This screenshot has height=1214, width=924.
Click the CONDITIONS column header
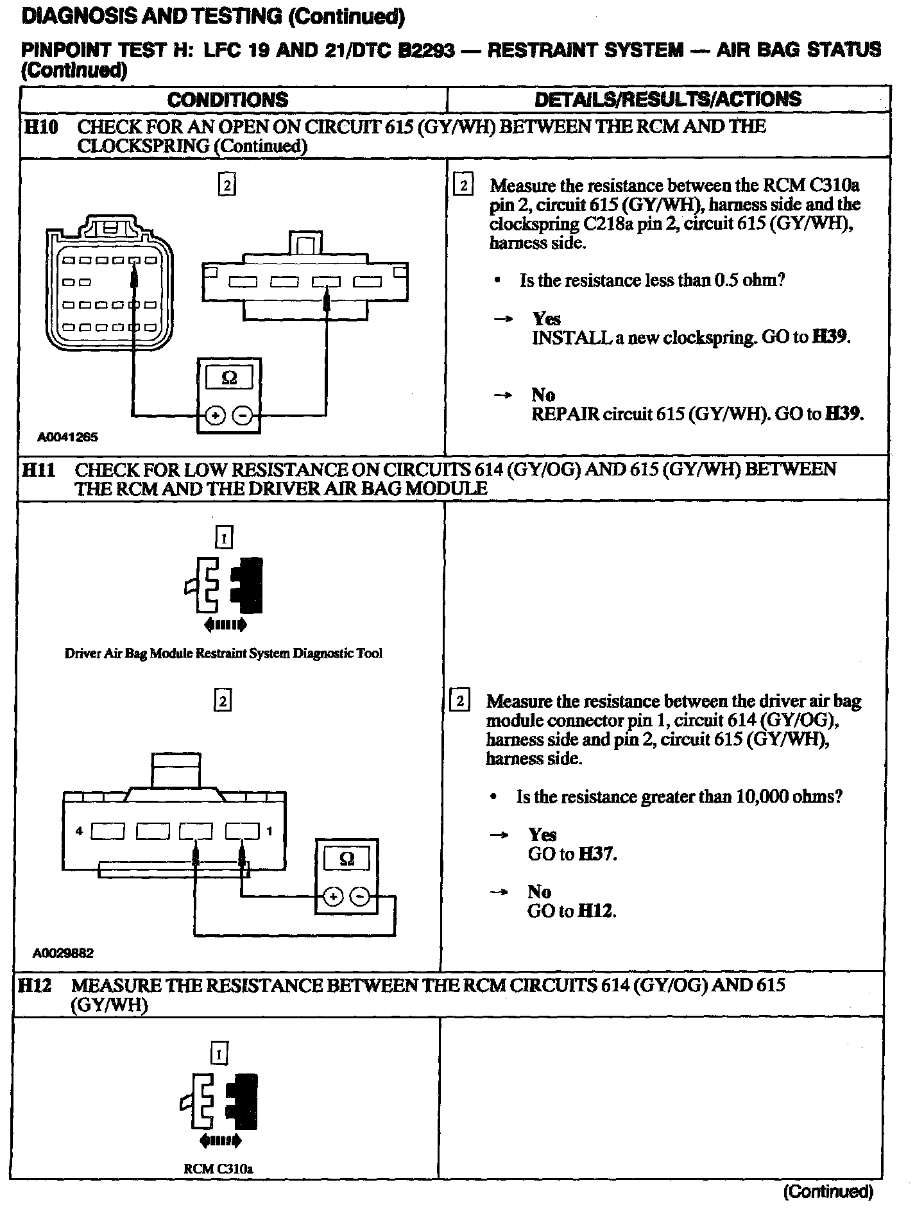click(228, 99)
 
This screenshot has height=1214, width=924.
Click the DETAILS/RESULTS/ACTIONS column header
click(667, 99)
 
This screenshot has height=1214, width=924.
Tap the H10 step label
click(40, 126)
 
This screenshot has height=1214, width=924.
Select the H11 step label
click(38, 470)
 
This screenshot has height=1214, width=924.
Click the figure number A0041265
click(67, 438)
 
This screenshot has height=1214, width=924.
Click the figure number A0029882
click(63, 953)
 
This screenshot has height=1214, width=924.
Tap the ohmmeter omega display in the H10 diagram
click(228, 379)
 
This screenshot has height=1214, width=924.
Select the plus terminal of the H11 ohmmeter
click(333, 896)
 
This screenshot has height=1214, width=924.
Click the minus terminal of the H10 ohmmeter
click(243, 416)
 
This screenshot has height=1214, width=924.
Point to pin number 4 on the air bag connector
click(79, 831)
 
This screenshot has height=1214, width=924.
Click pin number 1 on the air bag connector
click(269, 831)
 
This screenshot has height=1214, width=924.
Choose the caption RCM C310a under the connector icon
click(218, 1169)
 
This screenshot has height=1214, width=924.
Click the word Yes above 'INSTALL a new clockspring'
click(546, 319)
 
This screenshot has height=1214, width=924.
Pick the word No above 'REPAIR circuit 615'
click(543, 395)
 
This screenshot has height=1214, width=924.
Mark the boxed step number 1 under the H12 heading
click(219, 1054)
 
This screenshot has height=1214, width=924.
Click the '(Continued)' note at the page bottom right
click(828, 1192)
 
